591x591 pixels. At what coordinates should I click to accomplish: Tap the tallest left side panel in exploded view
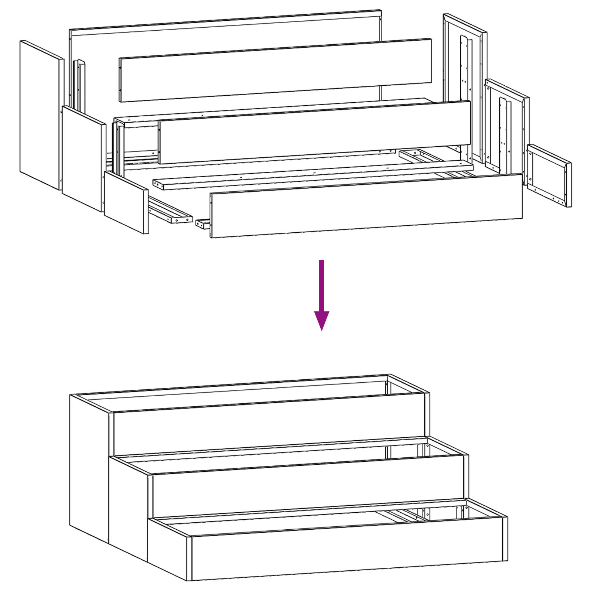[41, 115]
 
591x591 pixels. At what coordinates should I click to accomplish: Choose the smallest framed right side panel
[549, 175]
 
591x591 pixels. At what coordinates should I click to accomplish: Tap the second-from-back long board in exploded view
[275, 70]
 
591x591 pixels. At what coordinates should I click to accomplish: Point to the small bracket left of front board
[202, 223]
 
